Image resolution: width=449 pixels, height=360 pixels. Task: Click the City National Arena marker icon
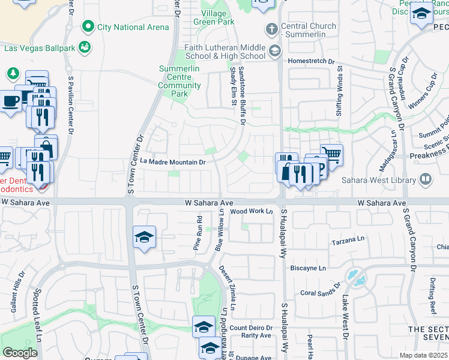(x=89, y=26)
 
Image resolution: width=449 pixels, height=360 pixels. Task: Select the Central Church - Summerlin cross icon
(x=272, y=29)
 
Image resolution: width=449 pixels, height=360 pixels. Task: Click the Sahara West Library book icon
(x=426, y=179)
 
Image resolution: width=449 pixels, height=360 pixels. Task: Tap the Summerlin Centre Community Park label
(x=183, y=81)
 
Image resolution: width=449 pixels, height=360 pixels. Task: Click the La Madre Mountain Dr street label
(x=173, y=162)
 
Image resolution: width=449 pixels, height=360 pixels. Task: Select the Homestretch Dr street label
(x=310, y=61)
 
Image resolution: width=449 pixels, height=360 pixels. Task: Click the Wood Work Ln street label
(x=252, y=211)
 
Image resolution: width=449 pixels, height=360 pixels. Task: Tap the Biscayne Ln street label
(x=313, y=268)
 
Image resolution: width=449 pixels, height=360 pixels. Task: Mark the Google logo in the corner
(x=20, y=353)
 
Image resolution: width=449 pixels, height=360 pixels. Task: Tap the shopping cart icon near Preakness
(x=331, y=154)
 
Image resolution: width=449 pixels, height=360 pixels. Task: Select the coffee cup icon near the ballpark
(x=10, y=101)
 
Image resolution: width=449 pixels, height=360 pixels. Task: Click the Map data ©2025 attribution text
(x=424, y=355)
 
